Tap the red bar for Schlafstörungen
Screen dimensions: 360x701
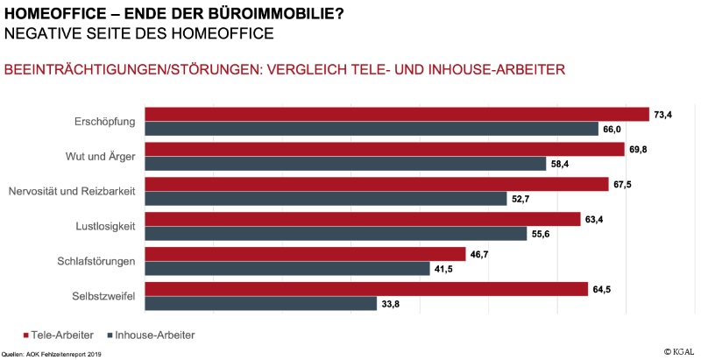304,254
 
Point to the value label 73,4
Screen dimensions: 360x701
662,114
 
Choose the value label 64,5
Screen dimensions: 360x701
601,289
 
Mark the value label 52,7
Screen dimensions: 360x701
520,199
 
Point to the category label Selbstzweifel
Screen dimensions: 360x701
103,296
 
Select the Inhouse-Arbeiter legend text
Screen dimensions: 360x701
154,335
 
